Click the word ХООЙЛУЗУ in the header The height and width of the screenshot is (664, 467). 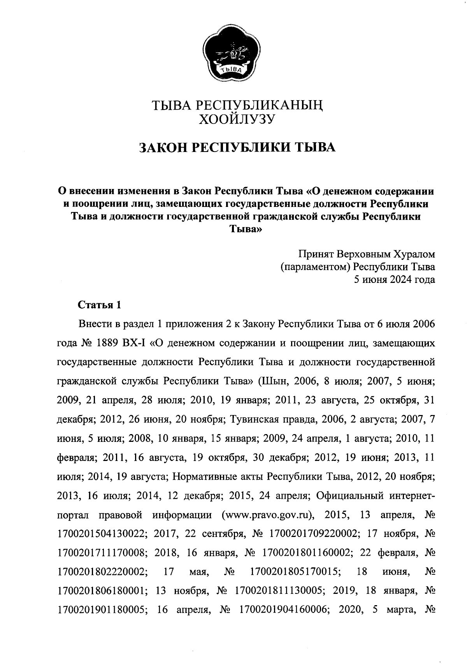coord(237,119)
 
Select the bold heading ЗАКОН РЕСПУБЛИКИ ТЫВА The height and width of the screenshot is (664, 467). coord(237,148)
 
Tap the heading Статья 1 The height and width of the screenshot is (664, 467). coord(99,305)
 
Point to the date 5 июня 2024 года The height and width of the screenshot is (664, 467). coord(393,280)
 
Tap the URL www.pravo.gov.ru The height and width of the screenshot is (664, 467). coord(268,515)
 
